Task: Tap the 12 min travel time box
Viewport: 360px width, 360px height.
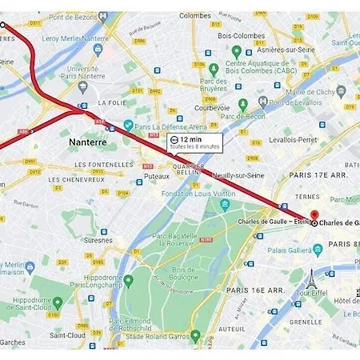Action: click(x=194, y=142)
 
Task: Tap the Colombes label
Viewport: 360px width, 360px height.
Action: click(x=195, y=15)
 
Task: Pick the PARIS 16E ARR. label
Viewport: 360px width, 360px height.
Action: click(x=254, y=290)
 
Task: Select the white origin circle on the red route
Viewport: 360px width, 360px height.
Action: click(x=2, y=25)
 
